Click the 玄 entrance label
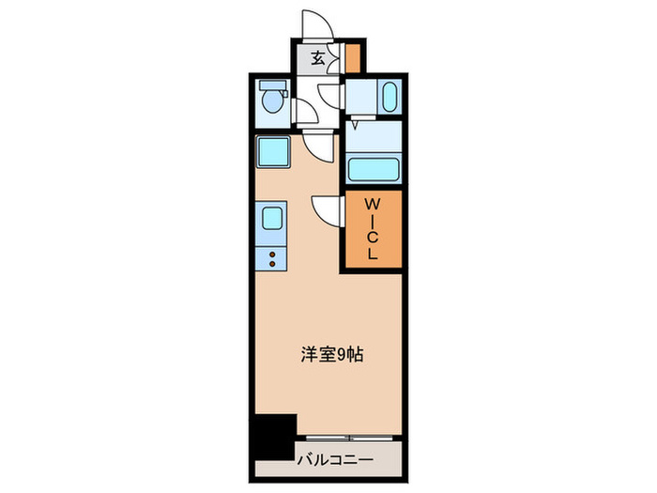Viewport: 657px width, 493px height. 318,58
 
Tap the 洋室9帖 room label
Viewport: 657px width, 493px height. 332,355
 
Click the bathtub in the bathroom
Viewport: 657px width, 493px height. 374,170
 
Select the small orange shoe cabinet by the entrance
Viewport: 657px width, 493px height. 351,58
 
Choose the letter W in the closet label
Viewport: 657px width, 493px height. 372,204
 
